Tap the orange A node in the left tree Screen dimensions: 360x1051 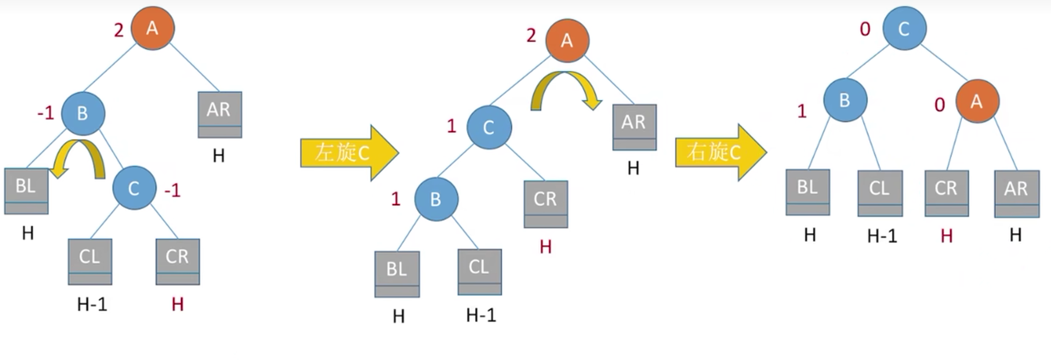click(152, 28)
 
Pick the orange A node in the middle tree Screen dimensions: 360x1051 click(567, 41)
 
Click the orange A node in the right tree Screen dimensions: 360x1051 click(977, 101)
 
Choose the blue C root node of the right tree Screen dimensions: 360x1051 click(904, 28)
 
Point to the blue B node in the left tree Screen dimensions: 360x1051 click(83, 113)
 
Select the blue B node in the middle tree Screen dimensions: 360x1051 click(436, 199)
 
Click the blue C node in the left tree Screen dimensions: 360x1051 click(134, 188)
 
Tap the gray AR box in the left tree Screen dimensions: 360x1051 click(219, 115)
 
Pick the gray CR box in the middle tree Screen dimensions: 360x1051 click(546, 204)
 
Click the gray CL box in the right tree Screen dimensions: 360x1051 click(879, 193)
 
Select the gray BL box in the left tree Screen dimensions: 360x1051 click(26, 191)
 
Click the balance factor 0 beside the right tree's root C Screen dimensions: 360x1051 click(865, 29)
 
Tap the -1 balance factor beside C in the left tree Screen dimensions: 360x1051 click(172, 190)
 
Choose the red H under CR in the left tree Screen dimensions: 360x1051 click(177, 304)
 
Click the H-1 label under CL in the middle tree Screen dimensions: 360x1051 click(481, 315)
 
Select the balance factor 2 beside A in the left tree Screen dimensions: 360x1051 click(119, 31)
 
